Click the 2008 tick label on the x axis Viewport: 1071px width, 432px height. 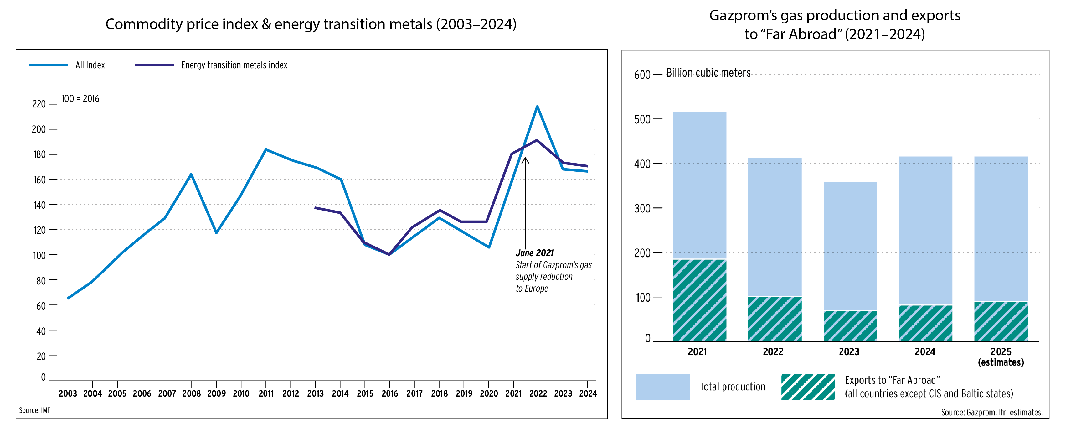[191, 393]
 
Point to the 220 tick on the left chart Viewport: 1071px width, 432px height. [39, 104]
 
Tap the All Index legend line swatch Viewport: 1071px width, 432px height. [48, 65]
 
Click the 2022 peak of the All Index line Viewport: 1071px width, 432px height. [537, 107]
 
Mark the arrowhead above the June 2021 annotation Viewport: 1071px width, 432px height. [526, 159]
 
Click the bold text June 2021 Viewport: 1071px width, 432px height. [535, 253]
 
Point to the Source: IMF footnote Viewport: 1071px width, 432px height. [34, 410]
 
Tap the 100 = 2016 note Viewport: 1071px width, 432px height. [80, 99]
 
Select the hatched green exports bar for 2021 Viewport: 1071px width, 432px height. [699, 300]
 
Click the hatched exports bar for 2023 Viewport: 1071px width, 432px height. [850, 326]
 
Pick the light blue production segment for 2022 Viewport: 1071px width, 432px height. [775, 227]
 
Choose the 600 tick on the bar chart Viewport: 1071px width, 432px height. [642, 75]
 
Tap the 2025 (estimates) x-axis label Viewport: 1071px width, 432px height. [1001, 357]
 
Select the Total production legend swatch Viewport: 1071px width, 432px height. [663, 387]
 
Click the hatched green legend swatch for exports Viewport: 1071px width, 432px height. [808, 387]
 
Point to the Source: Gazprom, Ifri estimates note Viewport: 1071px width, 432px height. [991, 413]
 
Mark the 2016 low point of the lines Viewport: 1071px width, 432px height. [389, 254]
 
